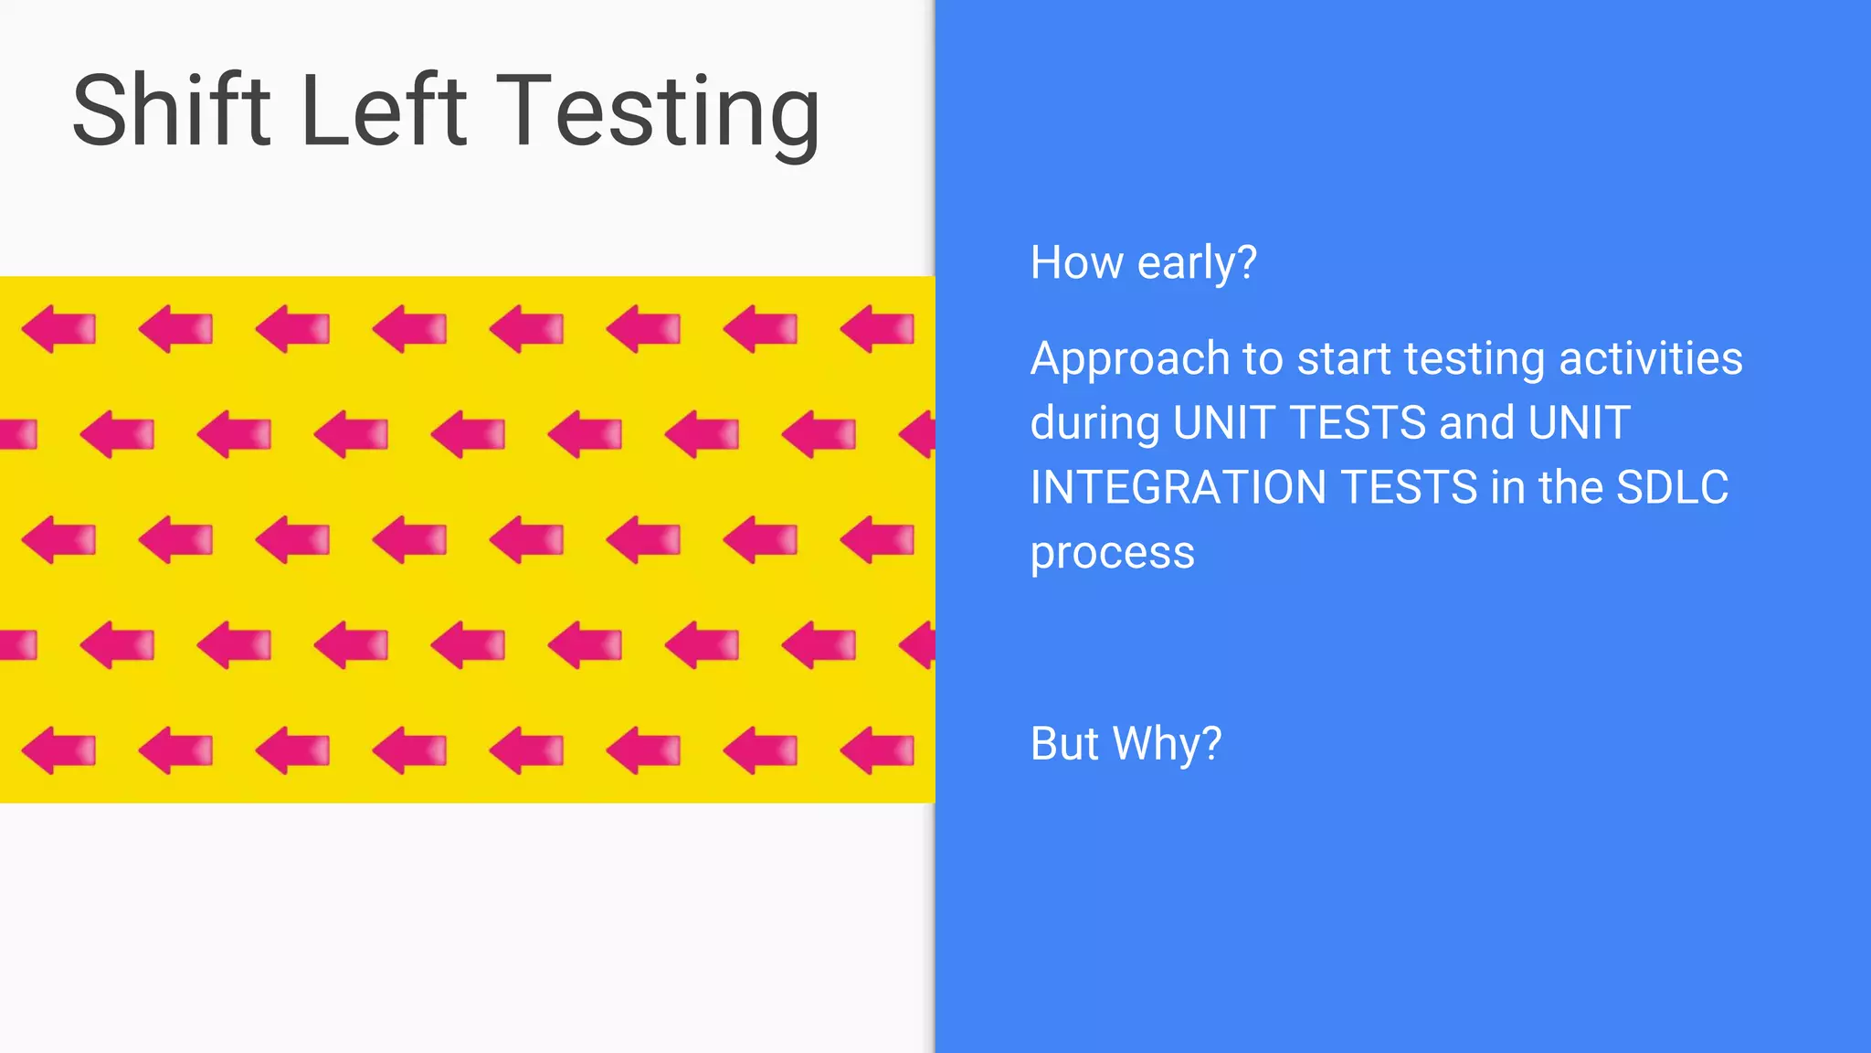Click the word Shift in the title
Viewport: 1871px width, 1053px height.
point(172,111)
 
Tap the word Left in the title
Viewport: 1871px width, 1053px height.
point(384,111)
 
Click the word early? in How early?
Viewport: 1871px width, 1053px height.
point(1197,264)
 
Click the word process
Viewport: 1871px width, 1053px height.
point(1112,553)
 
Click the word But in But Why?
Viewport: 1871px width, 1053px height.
point(1064,743)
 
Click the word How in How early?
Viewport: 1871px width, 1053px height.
point(1076,263)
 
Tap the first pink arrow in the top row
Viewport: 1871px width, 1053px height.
point(58,329)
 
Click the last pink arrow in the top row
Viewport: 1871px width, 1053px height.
point(877,329)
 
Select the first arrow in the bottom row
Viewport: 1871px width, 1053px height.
point(58,750)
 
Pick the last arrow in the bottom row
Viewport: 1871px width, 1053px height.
point(877,750)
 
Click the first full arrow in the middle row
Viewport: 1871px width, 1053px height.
point(58,539)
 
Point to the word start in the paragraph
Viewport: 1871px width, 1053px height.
point(1343,359)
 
